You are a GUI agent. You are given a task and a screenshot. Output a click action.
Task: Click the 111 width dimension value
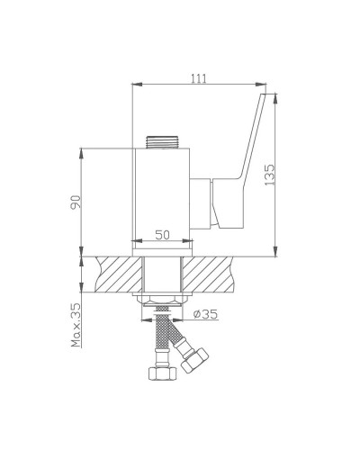pos(200,78)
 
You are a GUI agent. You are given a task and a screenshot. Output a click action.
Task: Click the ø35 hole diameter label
pos(207,314)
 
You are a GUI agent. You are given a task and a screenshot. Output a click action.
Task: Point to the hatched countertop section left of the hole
pos(112,274)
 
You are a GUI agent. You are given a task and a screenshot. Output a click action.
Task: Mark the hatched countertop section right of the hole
pos(216,274)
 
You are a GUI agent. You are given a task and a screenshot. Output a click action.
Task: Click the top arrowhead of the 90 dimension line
pos(84,150)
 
